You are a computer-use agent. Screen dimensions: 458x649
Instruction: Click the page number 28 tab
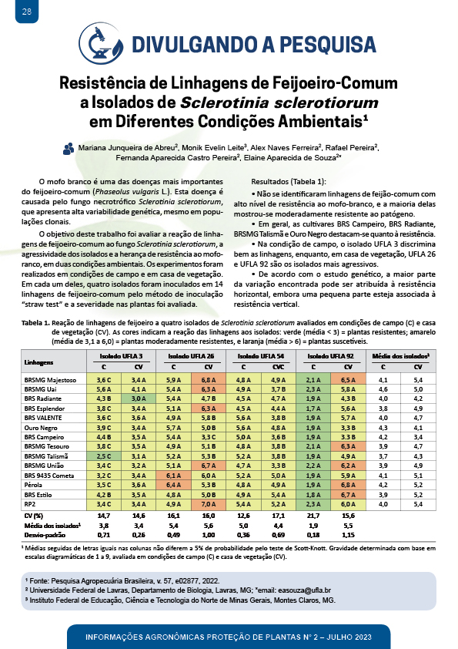[x=27, y=11]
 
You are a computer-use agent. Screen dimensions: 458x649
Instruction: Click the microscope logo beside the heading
[x=102, y=44]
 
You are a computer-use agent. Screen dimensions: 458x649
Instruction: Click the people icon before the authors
[x=69, y=149]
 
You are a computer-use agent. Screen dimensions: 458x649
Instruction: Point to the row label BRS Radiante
[x=42, y=398]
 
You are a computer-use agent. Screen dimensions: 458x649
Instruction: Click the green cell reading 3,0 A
[x=139, y=398]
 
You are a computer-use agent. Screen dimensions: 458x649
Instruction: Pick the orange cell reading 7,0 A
[x=209, y=504]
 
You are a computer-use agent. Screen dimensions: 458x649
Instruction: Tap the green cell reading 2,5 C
[x=104, y=456]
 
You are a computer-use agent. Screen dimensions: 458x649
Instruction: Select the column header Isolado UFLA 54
[x=261, y=356]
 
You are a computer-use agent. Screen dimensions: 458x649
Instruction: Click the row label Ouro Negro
[x=41, y=428]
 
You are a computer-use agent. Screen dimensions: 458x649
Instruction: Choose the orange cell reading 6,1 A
[x=174, y=476]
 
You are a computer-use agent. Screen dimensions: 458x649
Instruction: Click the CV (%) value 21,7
[x=313, y=516]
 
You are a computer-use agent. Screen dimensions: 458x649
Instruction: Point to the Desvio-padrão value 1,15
[x=349, y=535]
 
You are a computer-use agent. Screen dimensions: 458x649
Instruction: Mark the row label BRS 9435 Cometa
[x=48, y=476]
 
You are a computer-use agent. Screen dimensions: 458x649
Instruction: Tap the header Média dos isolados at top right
[x=400, y=356]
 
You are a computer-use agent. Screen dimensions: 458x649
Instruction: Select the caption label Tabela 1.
[x=35, y=323]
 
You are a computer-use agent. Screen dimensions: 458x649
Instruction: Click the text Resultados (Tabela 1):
[x=289, y=182]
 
